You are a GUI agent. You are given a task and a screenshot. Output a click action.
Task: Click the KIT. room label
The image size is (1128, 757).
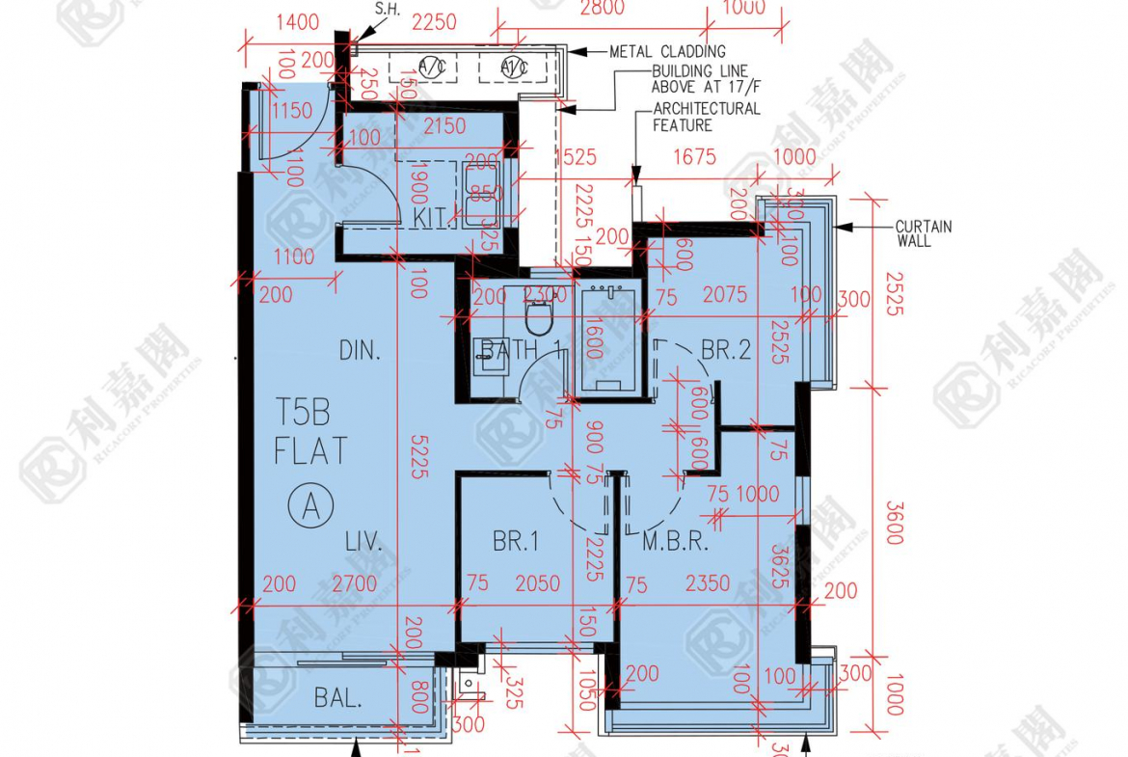[x=435, y=218]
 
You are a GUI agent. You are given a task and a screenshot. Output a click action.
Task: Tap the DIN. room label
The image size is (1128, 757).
[x=360, y=351]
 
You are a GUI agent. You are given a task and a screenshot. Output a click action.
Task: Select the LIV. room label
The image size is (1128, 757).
[x=364, y=543]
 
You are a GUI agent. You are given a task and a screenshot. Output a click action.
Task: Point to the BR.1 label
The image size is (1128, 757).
[x=516, y=543]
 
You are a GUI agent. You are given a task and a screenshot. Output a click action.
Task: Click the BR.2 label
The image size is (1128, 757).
[x=725, y=351]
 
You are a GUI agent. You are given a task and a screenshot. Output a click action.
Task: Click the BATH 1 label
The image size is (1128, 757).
[x=522, y=350]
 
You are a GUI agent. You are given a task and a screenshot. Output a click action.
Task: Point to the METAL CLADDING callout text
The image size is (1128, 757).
[x=667, y=51]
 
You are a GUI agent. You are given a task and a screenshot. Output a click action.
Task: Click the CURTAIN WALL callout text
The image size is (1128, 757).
[x=924, y=233]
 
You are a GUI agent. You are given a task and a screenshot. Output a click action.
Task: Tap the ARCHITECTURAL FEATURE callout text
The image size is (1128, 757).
[x=706, y=117]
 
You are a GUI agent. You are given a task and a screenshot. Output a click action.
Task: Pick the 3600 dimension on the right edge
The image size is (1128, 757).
[x=895, y=522]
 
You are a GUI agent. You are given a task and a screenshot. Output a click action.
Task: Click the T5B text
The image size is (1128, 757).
[x=303, y=416]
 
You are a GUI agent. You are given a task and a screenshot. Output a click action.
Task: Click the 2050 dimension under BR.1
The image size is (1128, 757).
[x=537, y=583]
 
